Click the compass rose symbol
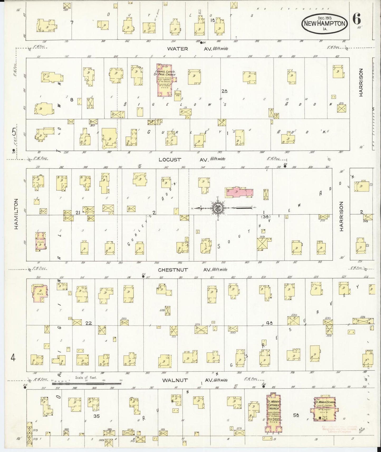[218, 208]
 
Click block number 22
[89, 323]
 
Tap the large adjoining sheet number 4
[13, 358]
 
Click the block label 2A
[224, 91]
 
